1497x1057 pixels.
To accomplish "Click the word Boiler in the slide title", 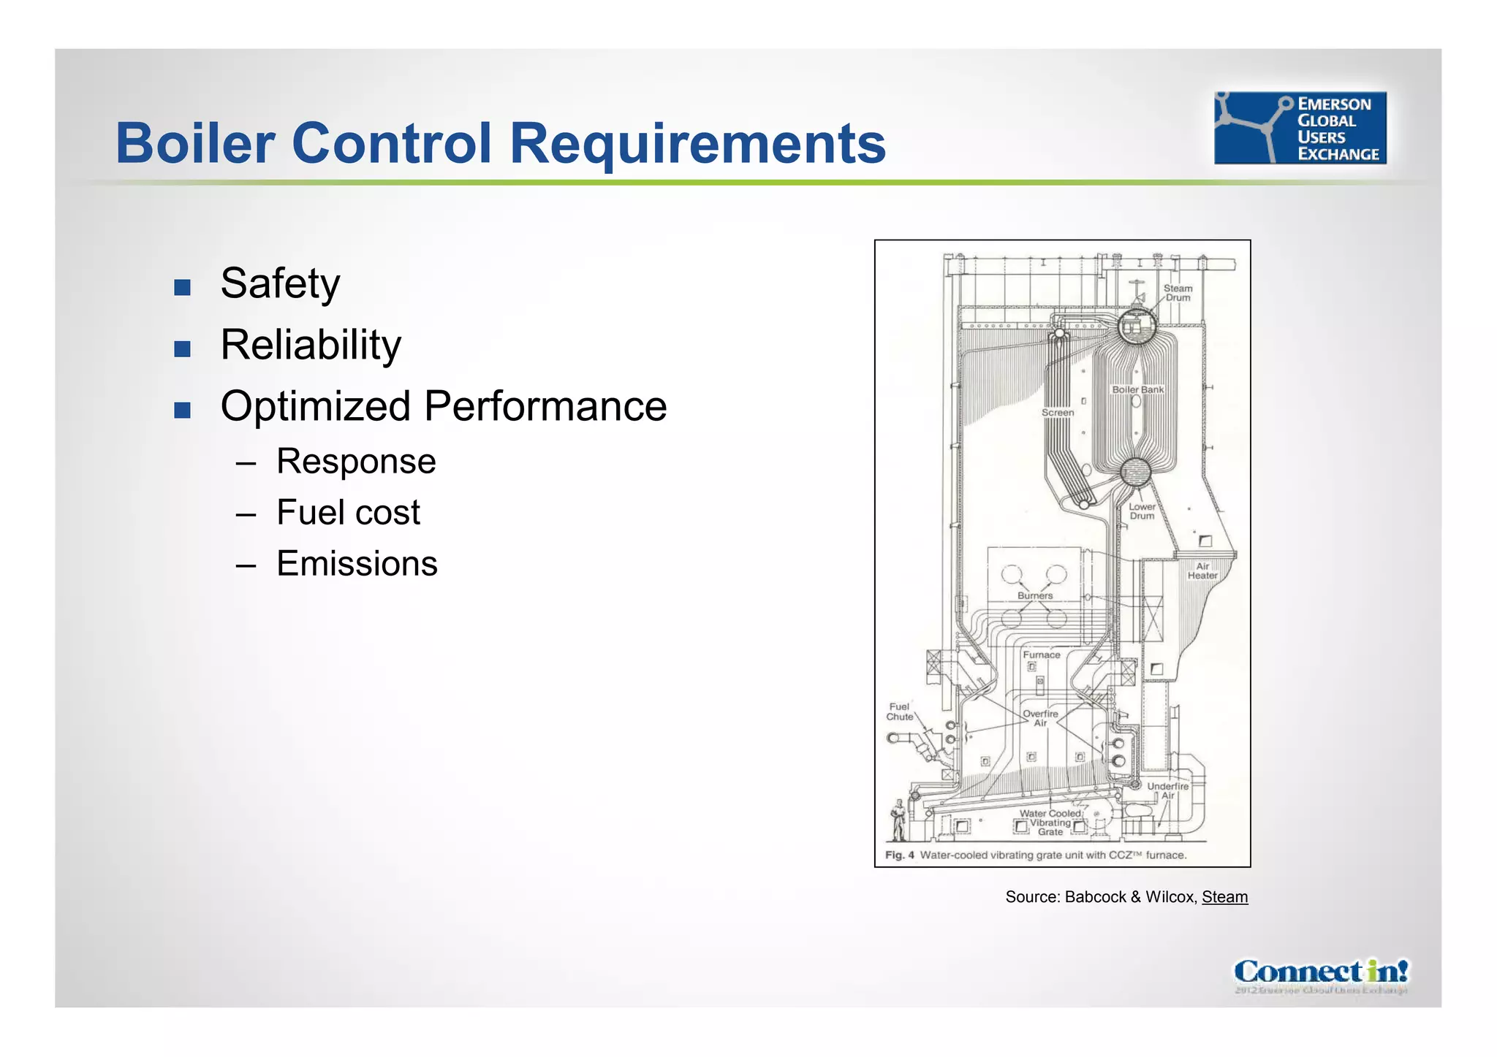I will [195, 143].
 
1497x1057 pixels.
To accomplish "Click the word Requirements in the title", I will [702, 143].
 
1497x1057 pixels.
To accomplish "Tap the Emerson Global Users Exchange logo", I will [1300, 128].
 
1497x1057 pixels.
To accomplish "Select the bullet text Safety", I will [280, 283].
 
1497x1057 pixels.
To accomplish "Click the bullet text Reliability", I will [311, 345].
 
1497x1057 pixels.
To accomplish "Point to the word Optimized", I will [315, 406].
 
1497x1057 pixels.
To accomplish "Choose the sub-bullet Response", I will [356, 462].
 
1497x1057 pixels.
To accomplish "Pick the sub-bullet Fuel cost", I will [348, 513].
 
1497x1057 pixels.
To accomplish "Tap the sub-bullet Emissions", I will [357, 564].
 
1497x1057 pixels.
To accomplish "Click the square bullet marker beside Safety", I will [182, 287].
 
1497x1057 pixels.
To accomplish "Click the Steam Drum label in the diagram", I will [1178, 293].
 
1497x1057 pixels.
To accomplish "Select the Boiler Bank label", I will [1137, 389].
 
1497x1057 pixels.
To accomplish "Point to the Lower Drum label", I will [1142, 511].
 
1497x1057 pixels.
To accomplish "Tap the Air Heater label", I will [1202, 571].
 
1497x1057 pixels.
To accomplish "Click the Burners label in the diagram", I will [1035, 595].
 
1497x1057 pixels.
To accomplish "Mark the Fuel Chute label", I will [900, 711].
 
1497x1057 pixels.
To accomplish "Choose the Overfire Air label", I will [1040, 718].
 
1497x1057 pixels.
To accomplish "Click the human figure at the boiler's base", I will [898, 820].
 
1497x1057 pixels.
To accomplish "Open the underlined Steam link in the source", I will [1224, 897].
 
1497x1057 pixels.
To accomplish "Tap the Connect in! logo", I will [1321, 973].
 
